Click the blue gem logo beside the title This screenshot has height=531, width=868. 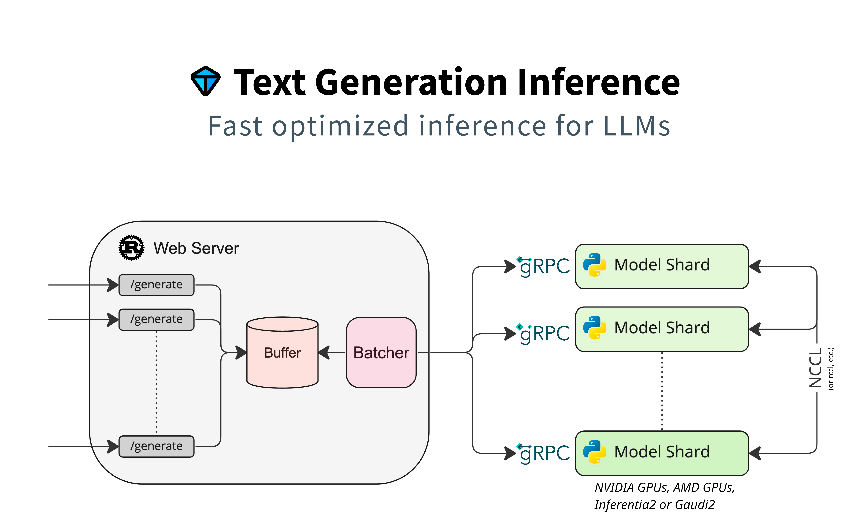tap(205, 81)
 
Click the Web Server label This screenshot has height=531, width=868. tap(196, 248)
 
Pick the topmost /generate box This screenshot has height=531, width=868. tap(156, 285)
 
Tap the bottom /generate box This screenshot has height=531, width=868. tap(156, 446)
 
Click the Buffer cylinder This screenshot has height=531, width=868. tap(282, 353)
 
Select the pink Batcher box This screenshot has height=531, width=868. tap(381, 353)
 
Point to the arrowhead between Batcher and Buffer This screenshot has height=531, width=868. tap(324, 352)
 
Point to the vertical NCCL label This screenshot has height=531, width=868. tap(815, 367)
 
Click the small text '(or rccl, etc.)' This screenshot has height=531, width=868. tap(831, 369)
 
